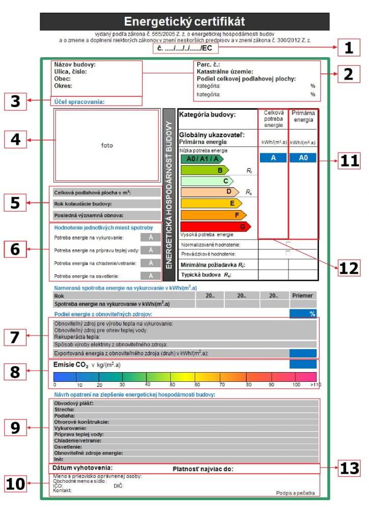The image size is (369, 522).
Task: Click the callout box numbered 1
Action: point(349,48)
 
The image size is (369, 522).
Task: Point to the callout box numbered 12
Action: point(349,267)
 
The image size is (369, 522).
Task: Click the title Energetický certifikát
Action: point(184,21)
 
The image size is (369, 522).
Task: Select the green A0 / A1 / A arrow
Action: point(201,159)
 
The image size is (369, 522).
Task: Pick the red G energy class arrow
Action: point(215,226)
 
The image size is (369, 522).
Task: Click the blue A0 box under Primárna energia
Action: point(303,158)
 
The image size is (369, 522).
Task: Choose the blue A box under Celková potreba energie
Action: point(273,158)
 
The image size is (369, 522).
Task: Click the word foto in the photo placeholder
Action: point(107,145)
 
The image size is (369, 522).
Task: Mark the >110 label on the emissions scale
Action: point(315,384)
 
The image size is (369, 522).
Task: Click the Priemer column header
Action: point(303,295)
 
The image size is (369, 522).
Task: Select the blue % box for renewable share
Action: point(303,314)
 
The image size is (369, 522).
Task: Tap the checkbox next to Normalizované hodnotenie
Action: point(288,244)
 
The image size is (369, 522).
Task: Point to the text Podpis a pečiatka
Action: point(296,493)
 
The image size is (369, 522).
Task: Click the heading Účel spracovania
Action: point(79,102)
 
